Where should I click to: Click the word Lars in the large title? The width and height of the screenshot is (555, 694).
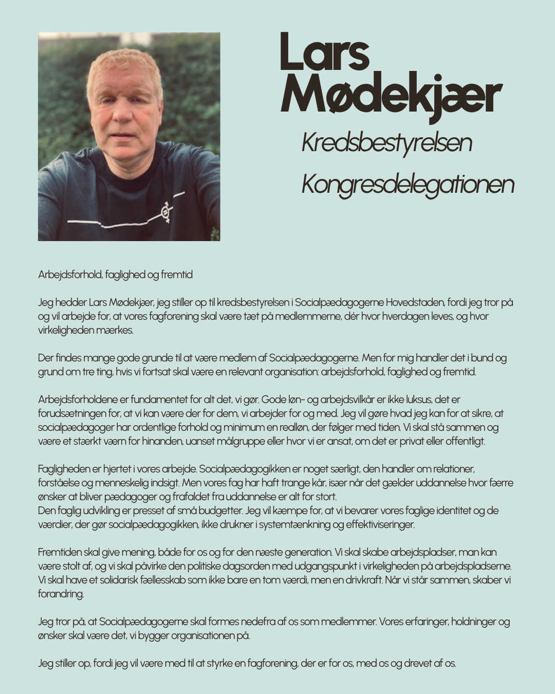click(x=325, y=52)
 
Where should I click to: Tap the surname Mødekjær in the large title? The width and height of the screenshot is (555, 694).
click(x=391, y=95)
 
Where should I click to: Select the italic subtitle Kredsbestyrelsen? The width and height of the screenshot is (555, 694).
click(x=386, y=142)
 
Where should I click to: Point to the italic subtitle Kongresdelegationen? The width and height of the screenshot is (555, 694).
click(x=408, y=184)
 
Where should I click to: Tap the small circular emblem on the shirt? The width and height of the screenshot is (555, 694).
click(x=165, y=212)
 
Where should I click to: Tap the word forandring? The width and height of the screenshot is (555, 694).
click(x=61, y=594)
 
